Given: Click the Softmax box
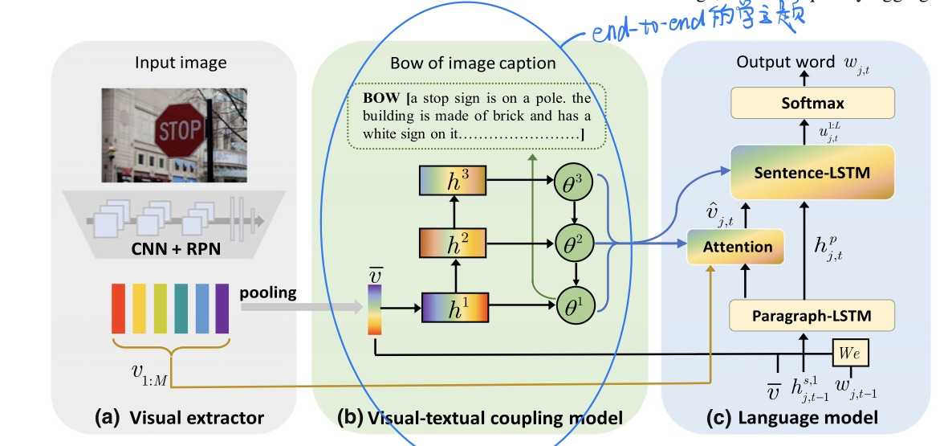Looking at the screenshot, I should (x=812, y=104).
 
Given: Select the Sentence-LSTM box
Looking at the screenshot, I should (x=812, y=172).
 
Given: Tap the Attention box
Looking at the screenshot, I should (x=737, y=247).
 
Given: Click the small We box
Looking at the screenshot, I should (x=848, y=353).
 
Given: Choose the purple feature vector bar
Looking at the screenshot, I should (x=222, y=307).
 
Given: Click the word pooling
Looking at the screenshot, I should (x=267, y=293).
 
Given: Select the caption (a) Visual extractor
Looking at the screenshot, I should (x=178, y=418).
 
